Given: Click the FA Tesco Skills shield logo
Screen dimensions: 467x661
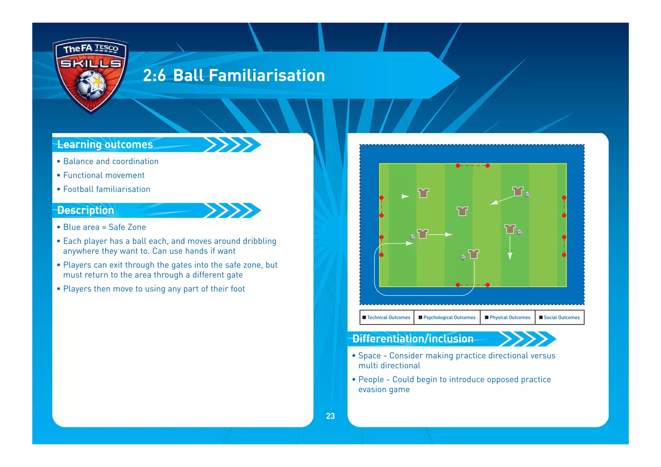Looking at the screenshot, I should (x=91, y=75).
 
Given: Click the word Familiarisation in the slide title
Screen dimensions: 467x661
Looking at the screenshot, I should (x=249, y=76).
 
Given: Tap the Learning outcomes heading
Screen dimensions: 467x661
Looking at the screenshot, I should (x=105, y=145).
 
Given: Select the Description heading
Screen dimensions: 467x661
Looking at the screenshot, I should (x=86, y=210).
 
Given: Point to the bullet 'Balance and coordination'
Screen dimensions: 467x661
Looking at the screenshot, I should (x=111, y=161).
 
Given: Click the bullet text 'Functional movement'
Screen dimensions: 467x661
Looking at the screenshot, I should (x=104, y=175).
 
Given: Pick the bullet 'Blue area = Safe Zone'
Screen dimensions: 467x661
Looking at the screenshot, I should (x=104, y=227).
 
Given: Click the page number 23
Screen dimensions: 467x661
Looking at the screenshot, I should (x=330, y=416).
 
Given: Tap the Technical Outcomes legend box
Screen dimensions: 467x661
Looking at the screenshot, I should (x=387, y=317).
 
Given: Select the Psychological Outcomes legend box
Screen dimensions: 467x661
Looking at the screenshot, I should (x=447, y=317).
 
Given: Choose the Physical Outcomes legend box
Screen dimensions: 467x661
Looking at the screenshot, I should (x=508, y=317).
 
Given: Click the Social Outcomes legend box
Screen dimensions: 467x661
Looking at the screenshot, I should (x=560, y=317).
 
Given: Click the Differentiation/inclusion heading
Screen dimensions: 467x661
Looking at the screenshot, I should (x=413, y=339).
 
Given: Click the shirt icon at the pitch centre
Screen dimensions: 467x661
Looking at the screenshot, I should (x=462, y=211).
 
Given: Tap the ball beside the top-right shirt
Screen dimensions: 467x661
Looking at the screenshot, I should (x=527, y=195).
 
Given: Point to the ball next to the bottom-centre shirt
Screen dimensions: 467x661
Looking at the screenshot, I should (x=464, y=257).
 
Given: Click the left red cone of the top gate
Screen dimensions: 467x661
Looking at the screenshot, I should (x=458, y=166).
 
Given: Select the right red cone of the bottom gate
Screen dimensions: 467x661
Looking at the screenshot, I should (x=488, y=285).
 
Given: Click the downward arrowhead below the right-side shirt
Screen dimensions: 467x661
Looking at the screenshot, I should (x=510, y=257).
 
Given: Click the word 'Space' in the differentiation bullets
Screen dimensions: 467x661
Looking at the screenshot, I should (x=370, y=356).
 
